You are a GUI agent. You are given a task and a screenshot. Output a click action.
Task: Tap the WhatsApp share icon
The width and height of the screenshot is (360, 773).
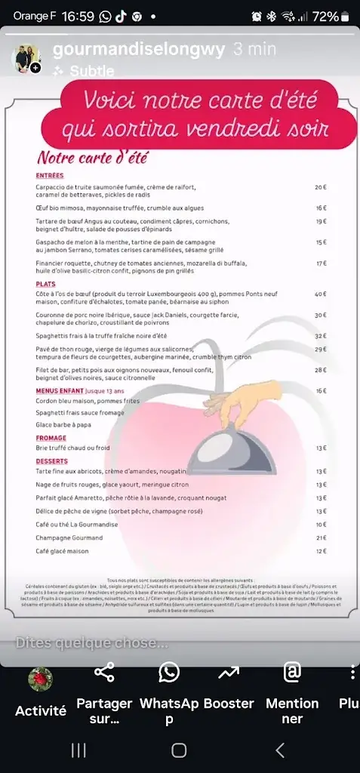pos(169,672)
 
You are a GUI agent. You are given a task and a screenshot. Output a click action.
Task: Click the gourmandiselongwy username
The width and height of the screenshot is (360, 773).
pos(139,50)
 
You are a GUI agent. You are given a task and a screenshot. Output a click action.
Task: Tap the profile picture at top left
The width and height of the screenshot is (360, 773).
pos(27,58)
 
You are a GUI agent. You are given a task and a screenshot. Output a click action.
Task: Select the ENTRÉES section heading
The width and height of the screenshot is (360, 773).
pos(50,175)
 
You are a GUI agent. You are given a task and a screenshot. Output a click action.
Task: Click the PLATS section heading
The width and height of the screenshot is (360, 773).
pos(46,284)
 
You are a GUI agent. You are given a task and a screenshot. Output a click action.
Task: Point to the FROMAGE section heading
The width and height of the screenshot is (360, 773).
pos(51,438)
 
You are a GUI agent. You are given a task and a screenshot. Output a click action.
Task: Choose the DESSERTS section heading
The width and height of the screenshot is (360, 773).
pos(52,460)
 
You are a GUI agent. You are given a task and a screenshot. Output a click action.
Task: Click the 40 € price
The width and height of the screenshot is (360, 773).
pos(320,294)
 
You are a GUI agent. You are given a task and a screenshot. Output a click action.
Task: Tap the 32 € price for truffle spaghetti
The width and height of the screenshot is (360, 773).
pos(320,336)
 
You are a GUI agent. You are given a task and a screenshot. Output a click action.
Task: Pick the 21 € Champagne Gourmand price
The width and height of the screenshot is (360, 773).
pos(320,538)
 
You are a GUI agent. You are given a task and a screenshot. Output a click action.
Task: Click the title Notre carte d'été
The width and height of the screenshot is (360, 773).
pos(92,159)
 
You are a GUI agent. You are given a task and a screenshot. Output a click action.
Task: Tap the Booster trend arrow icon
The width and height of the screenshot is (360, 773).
pos(228,672)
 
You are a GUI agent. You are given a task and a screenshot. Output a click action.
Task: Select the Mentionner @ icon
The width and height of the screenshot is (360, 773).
pos(292,672)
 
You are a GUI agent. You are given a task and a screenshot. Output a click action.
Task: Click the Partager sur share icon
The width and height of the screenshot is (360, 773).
pos(104,672)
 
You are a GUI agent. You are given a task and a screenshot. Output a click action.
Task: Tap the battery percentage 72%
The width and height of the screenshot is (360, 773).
pos(325,16)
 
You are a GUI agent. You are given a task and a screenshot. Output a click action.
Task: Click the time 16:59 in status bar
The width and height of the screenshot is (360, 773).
pos(78,16)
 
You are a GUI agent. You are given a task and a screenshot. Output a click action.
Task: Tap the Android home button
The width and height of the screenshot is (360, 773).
pos(179,750)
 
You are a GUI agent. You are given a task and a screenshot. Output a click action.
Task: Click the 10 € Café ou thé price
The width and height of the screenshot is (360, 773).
pos(320,524)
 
